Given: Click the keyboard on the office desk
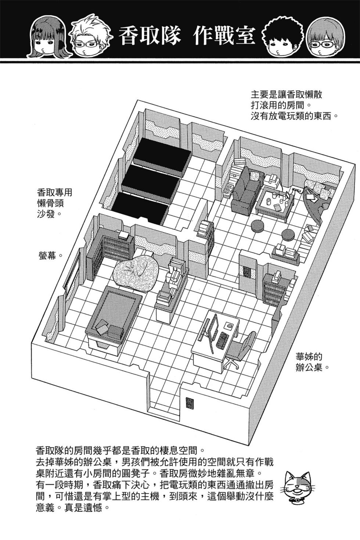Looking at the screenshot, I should pos(222,340).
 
